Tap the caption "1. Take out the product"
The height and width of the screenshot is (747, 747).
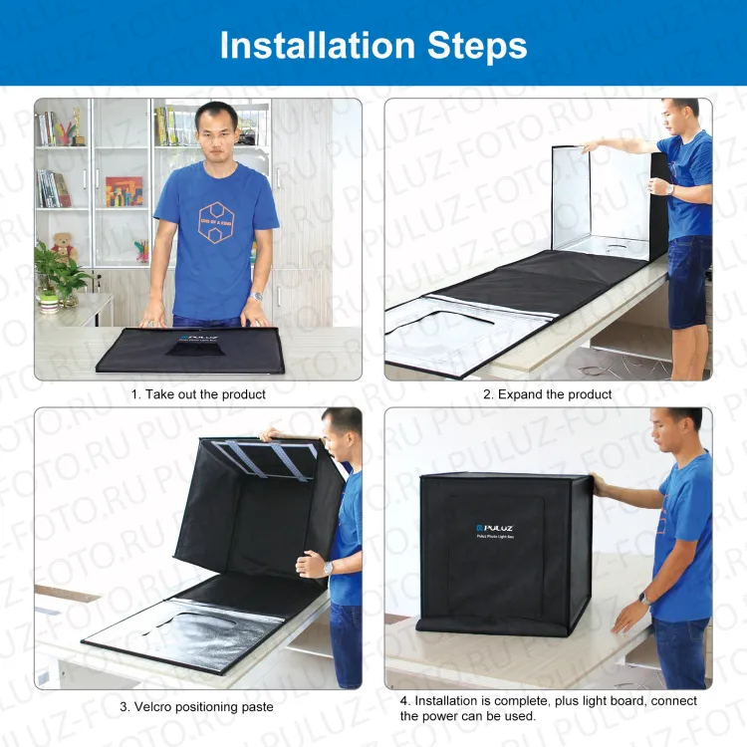point(199,394)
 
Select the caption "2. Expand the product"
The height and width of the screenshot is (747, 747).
point(548,394)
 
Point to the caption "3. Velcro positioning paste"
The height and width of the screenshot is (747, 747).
point(196,707)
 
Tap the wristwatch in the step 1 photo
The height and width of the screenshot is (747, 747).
point(257,296)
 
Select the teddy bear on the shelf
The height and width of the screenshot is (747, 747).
point(64,245)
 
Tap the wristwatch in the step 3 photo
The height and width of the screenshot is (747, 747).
point(329,567)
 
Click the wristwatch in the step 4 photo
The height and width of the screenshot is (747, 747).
point(644,599)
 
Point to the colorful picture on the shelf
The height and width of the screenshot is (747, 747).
point(124,191)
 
